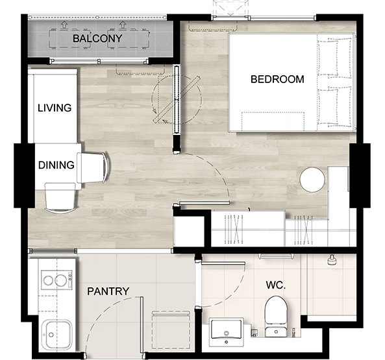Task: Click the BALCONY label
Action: pos(97,38)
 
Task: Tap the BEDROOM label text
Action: pos(277,79)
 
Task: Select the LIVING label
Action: pos(55,108)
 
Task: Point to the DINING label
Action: pos(56,165)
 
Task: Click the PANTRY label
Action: pos(108,291)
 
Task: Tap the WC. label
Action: pos(276,285)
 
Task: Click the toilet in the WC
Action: pos(276,317)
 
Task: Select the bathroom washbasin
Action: pos(227,332)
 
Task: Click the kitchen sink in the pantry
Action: pos(56,335)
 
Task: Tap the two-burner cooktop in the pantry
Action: pos(56,280)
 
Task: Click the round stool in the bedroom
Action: pos(312,180)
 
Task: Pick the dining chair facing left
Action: pos(93,168)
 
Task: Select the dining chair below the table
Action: pos(60,198)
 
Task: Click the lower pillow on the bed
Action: pos(334,107)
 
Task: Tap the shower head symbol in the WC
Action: pos(332,259)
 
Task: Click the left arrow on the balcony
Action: pos(64,24)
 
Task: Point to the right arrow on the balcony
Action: pos(122,24)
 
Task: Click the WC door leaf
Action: pos(223,263)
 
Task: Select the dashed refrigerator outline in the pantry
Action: pos(171,330)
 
